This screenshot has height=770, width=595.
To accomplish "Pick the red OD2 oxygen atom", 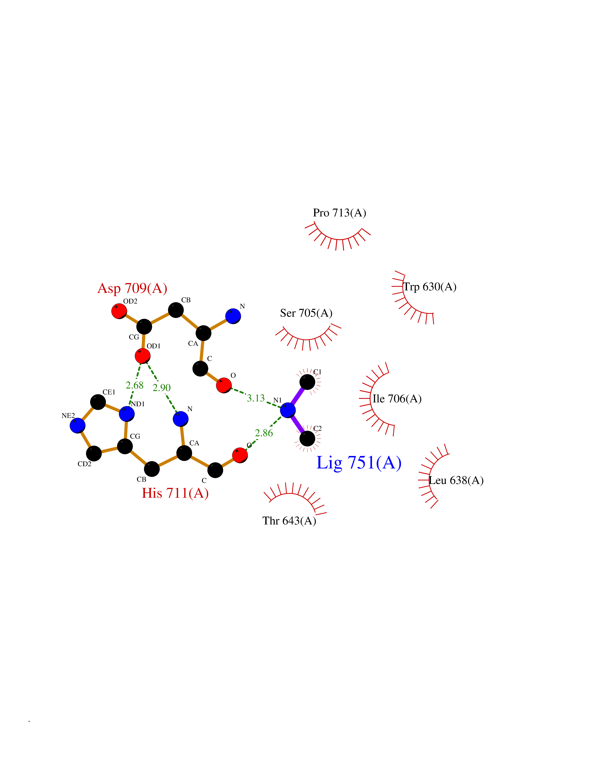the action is click(119, 311).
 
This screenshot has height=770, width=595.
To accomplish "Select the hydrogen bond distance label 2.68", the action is click(135, 385).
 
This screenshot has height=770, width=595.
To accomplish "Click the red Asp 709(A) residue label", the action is click(132, 288).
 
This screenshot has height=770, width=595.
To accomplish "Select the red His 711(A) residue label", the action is click(175, 493).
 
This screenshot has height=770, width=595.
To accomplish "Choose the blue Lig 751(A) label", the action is click(359, 463).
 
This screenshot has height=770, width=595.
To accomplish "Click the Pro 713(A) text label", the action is click(340, 213).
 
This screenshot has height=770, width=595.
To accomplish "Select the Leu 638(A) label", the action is click(456, 480).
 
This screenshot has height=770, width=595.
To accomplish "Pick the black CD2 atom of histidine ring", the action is click(94, 453).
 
